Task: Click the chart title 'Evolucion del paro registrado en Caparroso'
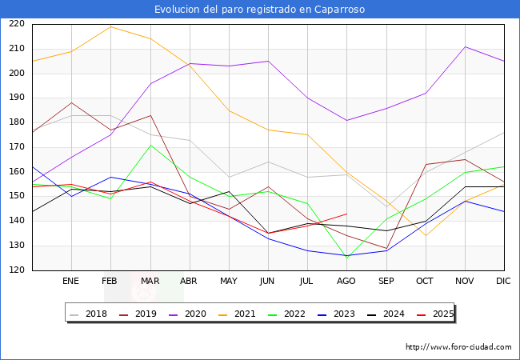pyautogui.click(x=260, y=9)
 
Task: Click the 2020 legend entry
pyautogui.click(x=194, y=314)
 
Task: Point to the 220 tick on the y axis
pyautogui.click(x=18, y=24)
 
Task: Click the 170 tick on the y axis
pyautogui.click(x=18, y=147)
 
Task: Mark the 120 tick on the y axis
pyautogui.click(x=18, y=270)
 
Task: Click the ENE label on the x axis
pyautogui.click(x=71, y=282)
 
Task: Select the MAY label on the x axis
pyautogui.click(x=229, y=282)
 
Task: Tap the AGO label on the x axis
pyautogui.click(x=346, y=282)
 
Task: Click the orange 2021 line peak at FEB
pyautogui.click(x=110, y=26)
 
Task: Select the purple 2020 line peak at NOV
pyautogui.click(x=465, y=46)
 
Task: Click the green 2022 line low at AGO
pyautogui.click(x=346, y=257)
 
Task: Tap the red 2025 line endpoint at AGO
pyautogui.click(x=346, y=214)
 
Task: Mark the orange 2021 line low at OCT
pyautogui.click(x=426, y=236)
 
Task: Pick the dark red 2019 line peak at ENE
pyautogui.click(x=71, y=102)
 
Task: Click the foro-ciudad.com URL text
pyautogui.click(x=458, y=347)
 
